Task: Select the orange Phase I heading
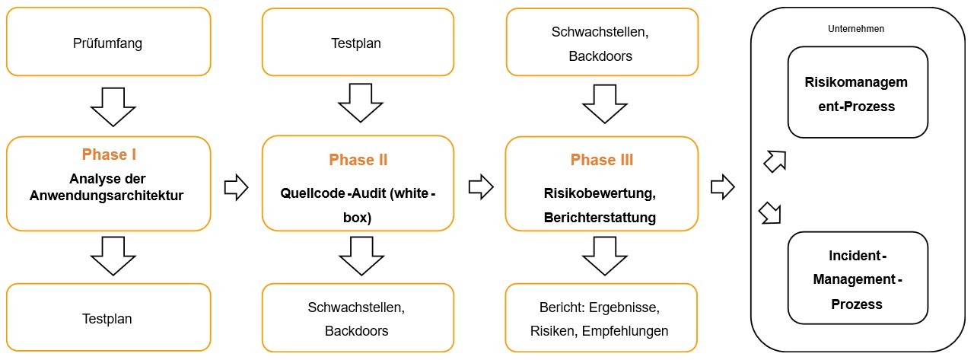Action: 109,155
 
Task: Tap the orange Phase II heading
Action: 358,160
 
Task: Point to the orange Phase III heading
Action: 601,161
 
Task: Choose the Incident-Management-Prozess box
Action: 858,277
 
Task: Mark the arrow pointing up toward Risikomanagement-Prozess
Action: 774,161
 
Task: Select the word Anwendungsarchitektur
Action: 107,196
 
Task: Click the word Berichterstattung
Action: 600,217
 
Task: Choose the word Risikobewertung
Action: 600,193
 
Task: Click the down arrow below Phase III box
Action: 600,255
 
